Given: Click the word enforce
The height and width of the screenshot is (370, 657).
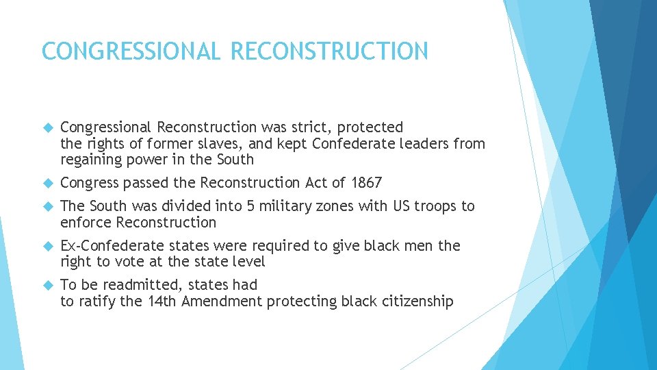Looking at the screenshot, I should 86,223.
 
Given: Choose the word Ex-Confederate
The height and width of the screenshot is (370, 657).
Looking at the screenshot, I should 109,246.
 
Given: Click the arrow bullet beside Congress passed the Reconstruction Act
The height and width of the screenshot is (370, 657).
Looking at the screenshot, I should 47,184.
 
